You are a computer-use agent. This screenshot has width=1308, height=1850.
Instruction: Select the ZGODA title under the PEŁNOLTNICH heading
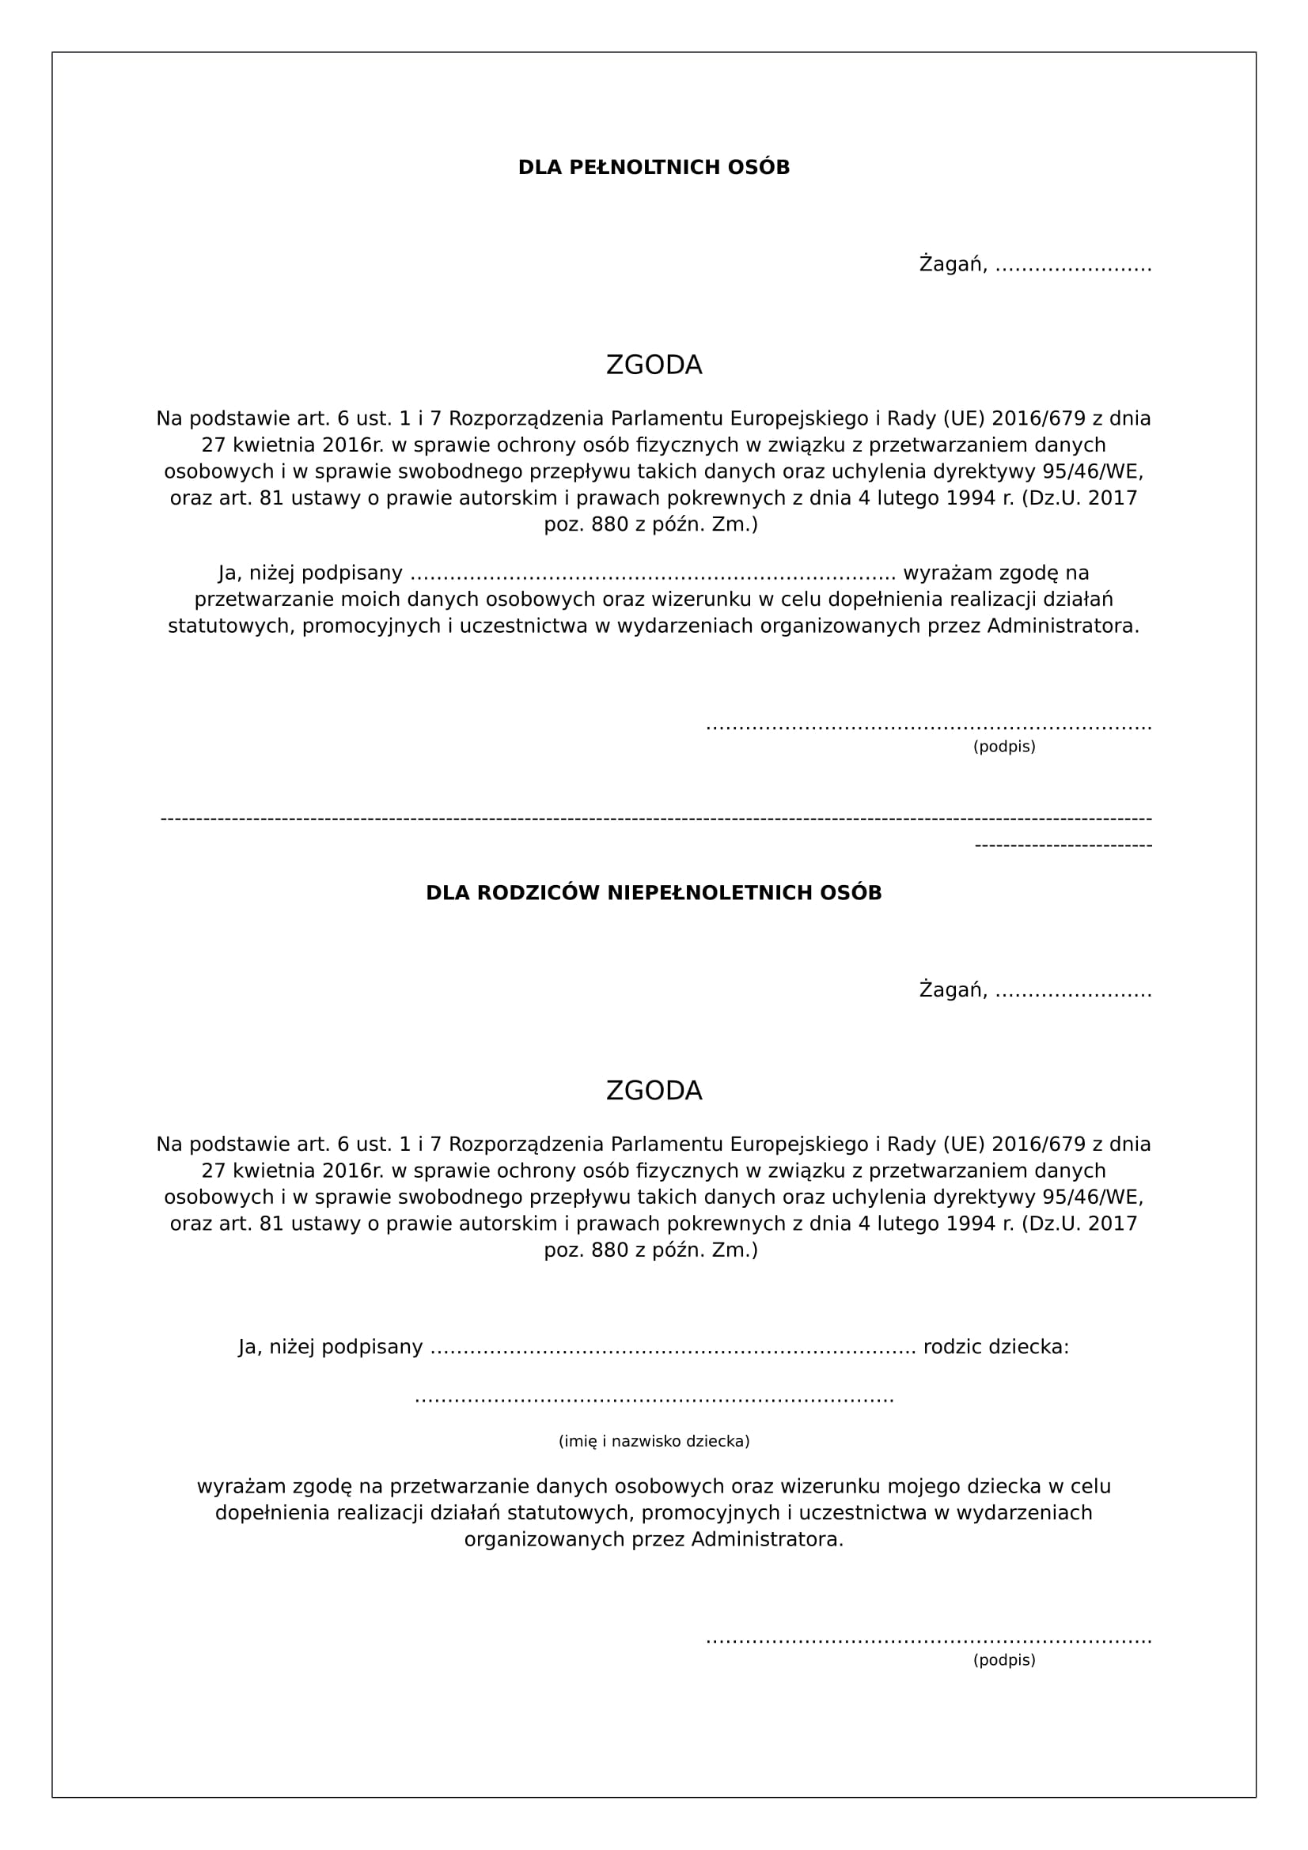pyautogui.click(x=654, y=365)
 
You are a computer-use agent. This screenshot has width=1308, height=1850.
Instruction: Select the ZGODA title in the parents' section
pyautogui.click(x=654, y=1090)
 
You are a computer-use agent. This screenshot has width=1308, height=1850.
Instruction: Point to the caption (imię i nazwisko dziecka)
pyautogui.click(x=654, y=1440)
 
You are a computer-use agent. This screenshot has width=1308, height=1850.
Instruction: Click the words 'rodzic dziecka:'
pyautogui.click(x=996, y=1346)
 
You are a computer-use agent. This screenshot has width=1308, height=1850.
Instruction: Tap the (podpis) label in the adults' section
pyautogui.click(x=1004, y=746)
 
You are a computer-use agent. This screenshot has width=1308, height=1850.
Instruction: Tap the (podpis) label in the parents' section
pyautogui.click(x=1004, y=1660)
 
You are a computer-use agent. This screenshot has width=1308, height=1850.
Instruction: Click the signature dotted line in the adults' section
pyautogui.click(x=928, y=728)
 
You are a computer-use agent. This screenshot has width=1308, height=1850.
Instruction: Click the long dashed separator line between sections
pyautogui.click(x=656, y=819)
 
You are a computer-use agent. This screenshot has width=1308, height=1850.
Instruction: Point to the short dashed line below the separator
pyautogui.click(x=1063, y=846)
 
